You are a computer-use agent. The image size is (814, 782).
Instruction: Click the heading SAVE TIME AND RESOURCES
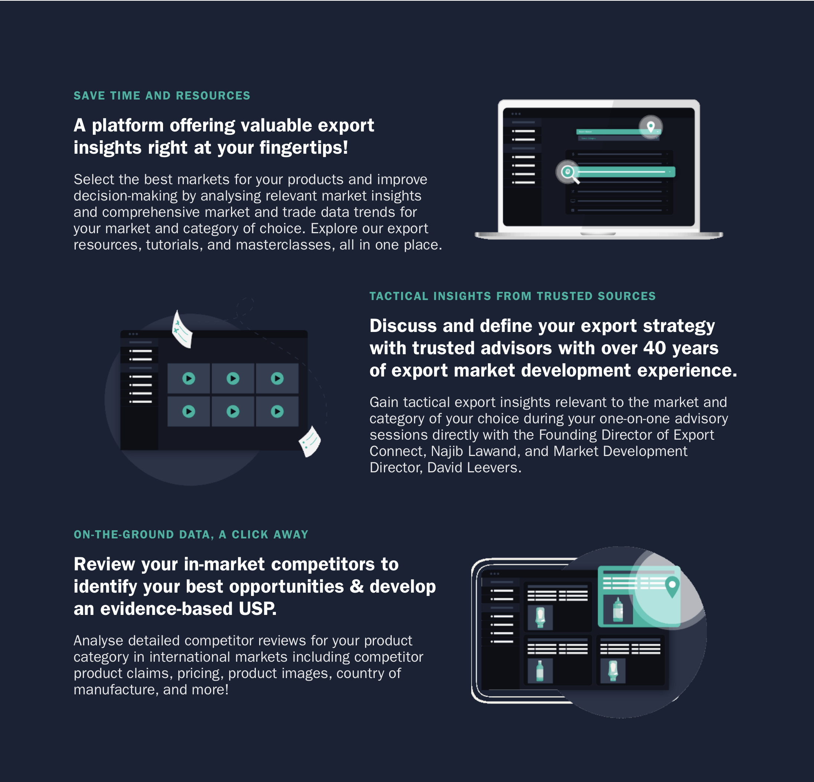[x=162, y=95]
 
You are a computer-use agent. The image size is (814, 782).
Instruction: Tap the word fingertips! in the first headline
[x=304, y=148]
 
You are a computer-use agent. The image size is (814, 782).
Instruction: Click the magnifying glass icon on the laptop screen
[x=568, y=172]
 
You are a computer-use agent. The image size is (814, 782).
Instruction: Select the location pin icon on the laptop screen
[x=651, y=127]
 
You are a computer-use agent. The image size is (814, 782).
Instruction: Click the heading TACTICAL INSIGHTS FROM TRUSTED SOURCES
[x=512, y=296]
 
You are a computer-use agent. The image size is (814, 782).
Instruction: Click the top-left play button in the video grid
[x=189, y=378]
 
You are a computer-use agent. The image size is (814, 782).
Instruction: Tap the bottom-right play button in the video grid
[x=277, y=411]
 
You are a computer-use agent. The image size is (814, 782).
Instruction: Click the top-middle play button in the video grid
[x=232, y=378]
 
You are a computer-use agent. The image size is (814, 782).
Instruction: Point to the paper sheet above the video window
[x=182, y=330]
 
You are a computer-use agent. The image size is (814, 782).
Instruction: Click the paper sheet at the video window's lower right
[x=310, y=441]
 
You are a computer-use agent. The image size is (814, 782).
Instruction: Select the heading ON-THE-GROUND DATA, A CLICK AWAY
[x=191, y=534]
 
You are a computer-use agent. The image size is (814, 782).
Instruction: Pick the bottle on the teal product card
[x=618, y=610]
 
